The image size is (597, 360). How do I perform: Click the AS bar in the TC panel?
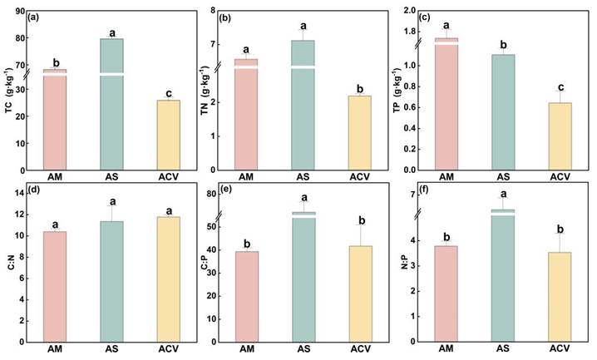tap(112, 100)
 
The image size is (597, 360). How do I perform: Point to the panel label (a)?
tap(36, 17)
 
